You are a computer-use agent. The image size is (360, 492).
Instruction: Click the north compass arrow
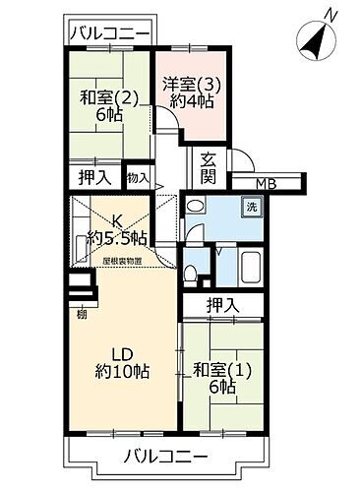[314, 41]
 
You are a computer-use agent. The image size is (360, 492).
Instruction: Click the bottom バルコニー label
[166, 457]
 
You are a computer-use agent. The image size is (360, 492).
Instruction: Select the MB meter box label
[267, 183]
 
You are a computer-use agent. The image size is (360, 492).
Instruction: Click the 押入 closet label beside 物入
[92, 178]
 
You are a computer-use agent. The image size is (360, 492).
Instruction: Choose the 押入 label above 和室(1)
[223, 307]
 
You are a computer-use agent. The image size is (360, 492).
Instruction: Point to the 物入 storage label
[138, 178]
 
